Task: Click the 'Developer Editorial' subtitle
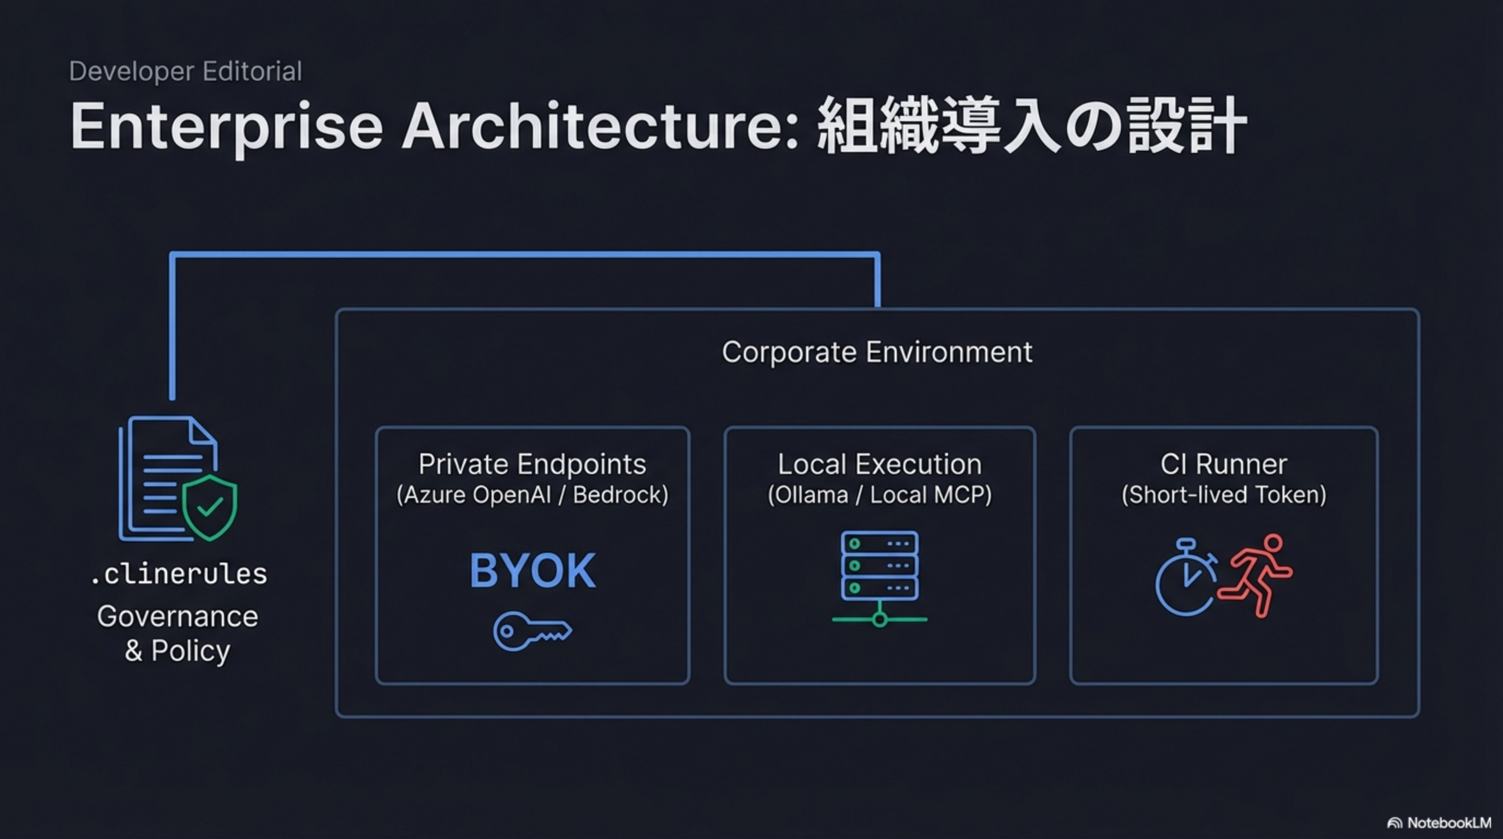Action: (x=185, y=71)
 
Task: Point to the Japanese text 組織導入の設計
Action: (x=1032, y=126)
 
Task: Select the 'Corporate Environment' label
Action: (x=877, y=352)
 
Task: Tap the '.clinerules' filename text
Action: (x=179, y=574)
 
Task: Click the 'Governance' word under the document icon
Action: (x=177, y=616)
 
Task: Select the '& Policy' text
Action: (x=177, y=651)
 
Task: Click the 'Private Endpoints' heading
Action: (x=532, y=464)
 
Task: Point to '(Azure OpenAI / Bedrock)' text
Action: (x=532, y=495)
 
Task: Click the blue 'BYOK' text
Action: (x=532, y=571)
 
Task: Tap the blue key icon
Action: (x=532, y=631)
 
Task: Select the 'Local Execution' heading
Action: (x=879, y=464)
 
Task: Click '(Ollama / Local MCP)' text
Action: (x=879, y=495)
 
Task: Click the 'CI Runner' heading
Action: (x=1223, y=464)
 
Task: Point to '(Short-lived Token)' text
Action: (x=1223, y=495)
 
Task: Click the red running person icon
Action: (x=1257, y=575)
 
